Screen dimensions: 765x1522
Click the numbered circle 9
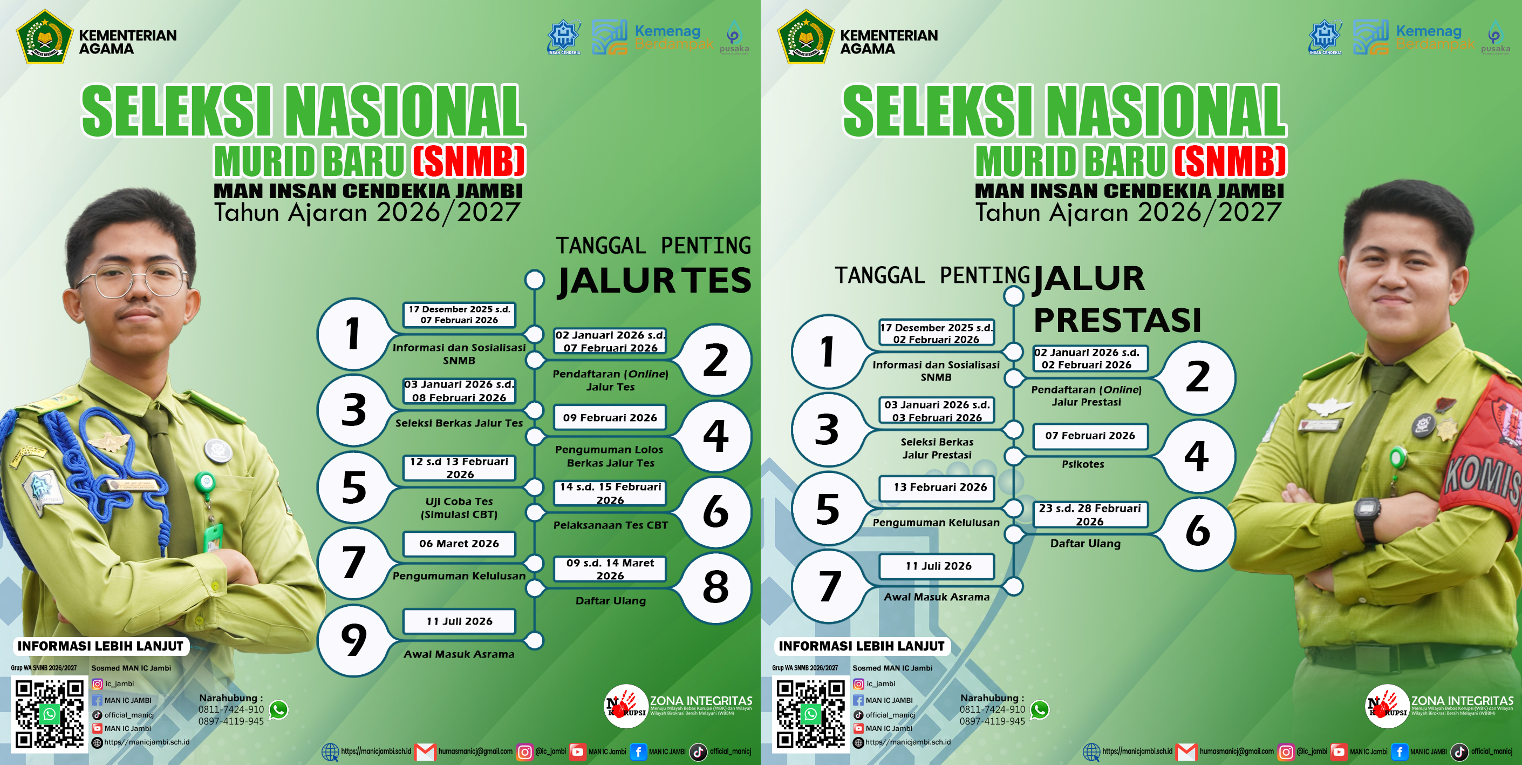(x=353, y=640)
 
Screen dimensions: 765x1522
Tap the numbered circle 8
(x=715, y=587)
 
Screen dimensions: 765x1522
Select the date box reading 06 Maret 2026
(x=459, y=543)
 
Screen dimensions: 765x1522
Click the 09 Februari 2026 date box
(x=610, y=417)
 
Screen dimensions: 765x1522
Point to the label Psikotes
(x=1082, y=464)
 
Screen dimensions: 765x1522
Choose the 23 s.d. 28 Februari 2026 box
(x=1089, y=514)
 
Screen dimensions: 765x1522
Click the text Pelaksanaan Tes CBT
(x=610, y=525)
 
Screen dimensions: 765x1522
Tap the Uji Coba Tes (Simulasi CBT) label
(x=459, y=508)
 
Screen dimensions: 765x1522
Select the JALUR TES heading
(x=654, y=280)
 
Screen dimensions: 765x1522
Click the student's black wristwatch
(x=1367, y=514)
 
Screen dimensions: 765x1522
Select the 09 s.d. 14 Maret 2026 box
(x=610, y=568)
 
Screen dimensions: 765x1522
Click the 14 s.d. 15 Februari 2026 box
(x=610, y=493)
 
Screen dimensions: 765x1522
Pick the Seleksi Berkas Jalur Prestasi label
(x=937, y=448)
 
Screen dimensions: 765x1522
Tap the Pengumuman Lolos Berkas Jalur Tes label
(x=610, y=456)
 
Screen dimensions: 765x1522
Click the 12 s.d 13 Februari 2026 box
(x=459, y=468)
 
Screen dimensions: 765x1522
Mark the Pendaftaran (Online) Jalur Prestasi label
(x=1086, y=396)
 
